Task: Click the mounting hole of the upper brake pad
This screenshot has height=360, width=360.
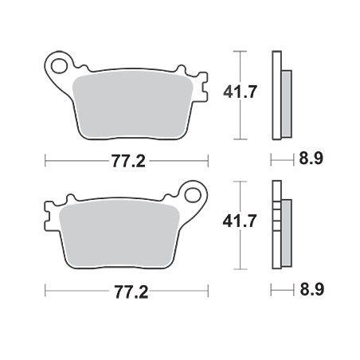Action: [59, 66]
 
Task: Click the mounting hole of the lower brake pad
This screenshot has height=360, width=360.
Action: [193, 195]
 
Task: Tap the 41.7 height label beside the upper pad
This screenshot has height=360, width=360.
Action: [240, 92]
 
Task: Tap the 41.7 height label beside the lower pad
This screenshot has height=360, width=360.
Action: [240, 221]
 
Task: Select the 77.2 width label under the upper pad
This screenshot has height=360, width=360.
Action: [128, 161]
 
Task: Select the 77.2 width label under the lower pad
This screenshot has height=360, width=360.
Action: [131, 292]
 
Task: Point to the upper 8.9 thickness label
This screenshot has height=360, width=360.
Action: [311, 158]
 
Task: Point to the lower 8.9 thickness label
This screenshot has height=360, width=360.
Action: [312, 289]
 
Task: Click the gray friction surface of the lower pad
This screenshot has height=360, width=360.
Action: [119, 233]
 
